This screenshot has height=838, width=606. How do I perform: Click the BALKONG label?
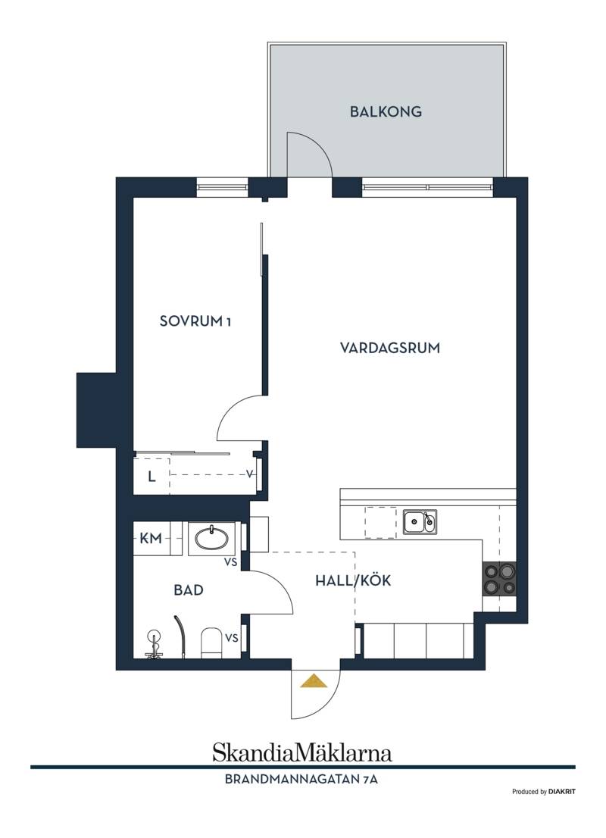[x=386, y=111]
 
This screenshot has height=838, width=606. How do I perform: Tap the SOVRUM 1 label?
[x=195, y=321]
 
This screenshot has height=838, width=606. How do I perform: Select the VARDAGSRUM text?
[x=390, y=348]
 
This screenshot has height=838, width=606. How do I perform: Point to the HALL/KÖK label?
[x=353, y=580]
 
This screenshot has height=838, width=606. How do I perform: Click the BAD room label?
[x=189, y=590]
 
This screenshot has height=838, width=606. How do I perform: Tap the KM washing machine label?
[x=151, y=538]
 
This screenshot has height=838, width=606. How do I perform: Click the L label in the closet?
[x=151, y=476]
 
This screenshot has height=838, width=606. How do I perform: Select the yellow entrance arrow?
[x=313, y=681]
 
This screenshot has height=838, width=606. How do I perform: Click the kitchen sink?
[x=420, y=521]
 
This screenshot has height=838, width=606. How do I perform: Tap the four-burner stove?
[x=500, y=579]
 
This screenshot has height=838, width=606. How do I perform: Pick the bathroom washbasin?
[x=211, y=538]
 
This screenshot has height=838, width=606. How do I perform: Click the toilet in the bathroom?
[x=211, y=643]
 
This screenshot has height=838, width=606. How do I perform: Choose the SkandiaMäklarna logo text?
[x=302, y=752]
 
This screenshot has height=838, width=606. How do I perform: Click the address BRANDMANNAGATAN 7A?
[x=301, y=779]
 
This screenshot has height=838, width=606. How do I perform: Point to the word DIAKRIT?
[x=562, y=792]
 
